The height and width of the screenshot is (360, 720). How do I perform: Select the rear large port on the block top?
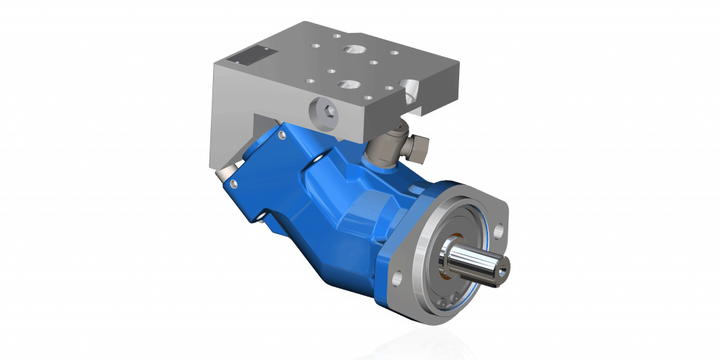tap(351, 51)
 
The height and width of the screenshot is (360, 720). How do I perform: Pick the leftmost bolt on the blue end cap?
tap(233, 184)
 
